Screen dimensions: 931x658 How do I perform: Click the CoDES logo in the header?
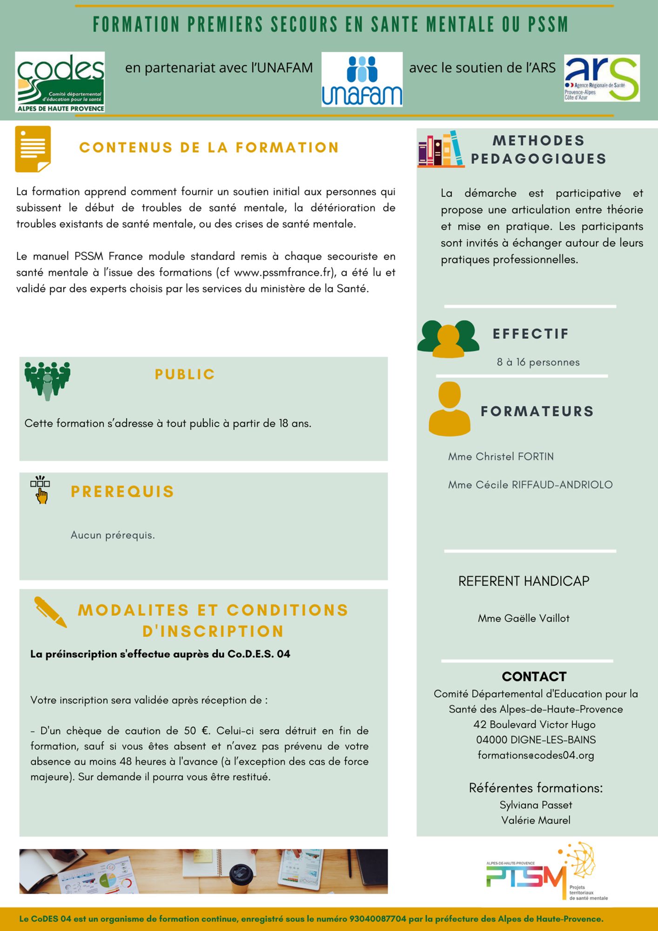coord(60,82)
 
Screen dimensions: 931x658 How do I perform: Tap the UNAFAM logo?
coord(362,80)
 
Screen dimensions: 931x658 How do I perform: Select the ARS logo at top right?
coord(602,78)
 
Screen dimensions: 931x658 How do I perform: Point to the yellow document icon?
coord(33,149)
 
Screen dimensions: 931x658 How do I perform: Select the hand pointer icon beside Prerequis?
coord(40,490)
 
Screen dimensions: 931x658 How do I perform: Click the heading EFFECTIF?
coord(530,334)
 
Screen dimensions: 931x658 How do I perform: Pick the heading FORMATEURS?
coord(537,412)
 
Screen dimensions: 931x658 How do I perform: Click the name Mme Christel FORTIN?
coord(501,457)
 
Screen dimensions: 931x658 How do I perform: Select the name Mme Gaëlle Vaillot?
coord(524,618)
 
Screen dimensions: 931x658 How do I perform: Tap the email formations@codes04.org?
coord(536,755)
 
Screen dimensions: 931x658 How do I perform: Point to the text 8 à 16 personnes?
coord(538,362)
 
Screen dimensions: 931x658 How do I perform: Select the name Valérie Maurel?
coord(536,820)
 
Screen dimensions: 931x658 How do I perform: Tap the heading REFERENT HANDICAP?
coord(524,581)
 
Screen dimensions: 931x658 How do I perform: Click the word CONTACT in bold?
coord(534,676)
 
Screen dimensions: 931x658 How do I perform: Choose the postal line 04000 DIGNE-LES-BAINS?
coord(536,740)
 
